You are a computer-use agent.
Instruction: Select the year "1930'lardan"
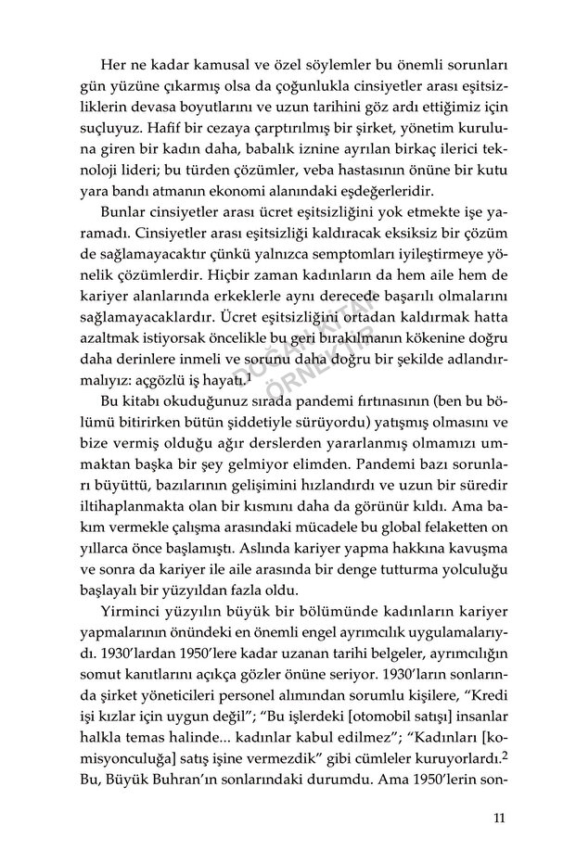tap(125, 660)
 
